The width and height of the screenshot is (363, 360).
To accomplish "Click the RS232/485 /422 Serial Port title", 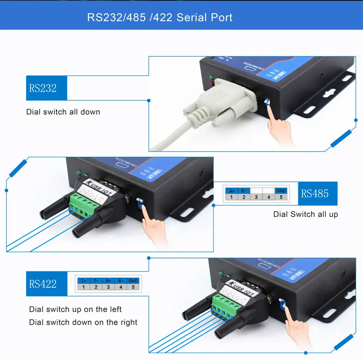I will point(160,18).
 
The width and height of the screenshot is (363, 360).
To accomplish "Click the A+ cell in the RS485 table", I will point(232,191).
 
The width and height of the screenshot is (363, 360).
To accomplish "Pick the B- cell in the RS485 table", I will point(244,191).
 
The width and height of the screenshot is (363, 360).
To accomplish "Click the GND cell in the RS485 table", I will point(281,191).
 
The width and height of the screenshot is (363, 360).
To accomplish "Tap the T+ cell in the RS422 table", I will point(83,281).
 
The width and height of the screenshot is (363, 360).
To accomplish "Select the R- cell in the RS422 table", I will point(121,281).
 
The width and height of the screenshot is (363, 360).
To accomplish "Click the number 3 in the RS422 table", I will point(108,287).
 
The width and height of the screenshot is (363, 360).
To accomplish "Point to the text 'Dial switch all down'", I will point(63,112).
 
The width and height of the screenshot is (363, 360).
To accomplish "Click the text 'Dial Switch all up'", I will point(305,214).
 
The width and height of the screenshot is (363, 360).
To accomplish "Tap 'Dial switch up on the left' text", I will point(75,309).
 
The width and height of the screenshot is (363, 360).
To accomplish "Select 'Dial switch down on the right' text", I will point(83,322).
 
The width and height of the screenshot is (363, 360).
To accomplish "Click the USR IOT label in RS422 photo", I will point(241,289).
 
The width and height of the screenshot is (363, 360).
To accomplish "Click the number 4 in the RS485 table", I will point(269,197).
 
